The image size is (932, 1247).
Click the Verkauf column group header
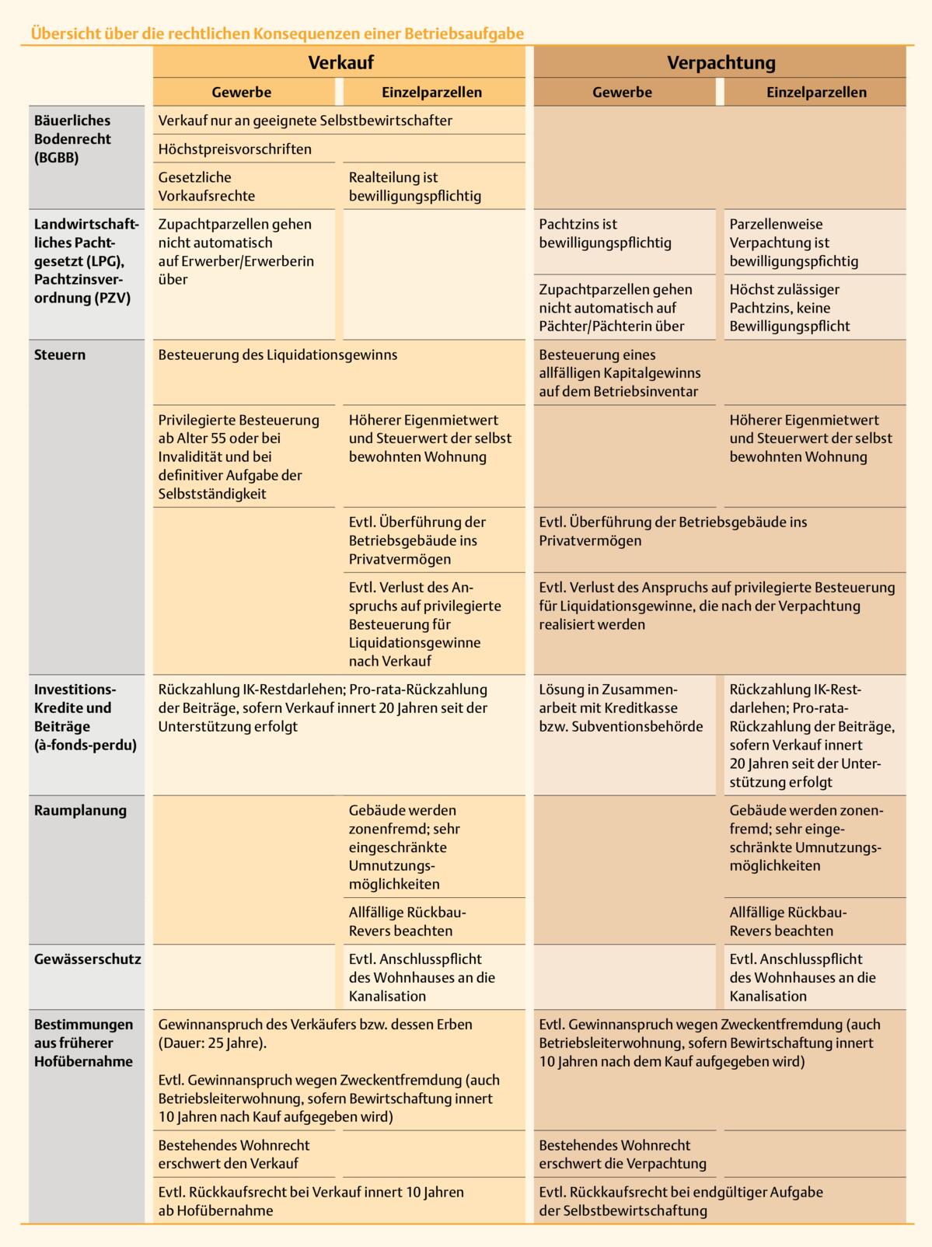click(x=340, y=63)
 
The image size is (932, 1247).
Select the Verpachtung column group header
click(x=721, y=63)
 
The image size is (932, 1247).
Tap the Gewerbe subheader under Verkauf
click(x=242, y=93)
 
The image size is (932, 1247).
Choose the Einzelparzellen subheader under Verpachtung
click(x=816, y=93)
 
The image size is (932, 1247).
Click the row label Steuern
click(x=60, y=355)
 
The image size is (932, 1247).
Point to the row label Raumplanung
click(x=80, y=811)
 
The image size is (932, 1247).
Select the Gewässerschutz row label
click(x=87, y=959)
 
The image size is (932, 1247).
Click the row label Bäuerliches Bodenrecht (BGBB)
click(x=72, y=139)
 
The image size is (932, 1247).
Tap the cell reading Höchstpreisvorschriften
click(x=235, y=149)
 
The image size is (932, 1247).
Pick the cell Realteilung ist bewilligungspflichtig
click(x=415, y=187)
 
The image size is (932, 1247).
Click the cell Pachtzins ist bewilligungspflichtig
click(x=605, y=233)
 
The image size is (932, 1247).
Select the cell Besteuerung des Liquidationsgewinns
click(x=278, y=355)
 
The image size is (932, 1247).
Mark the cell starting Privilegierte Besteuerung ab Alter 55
click(x=239, y=456)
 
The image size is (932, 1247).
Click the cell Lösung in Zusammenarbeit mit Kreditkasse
click(x=620, y=708)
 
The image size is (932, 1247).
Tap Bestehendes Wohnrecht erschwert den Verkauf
click(x=234, y=1154)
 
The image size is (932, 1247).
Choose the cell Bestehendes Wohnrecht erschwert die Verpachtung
click(x=622, y=1154)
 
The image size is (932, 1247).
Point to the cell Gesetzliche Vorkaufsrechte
click(x=206, y=187)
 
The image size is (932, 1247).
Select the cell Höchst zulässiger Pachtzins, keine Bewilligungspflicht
click(x=790, y=308)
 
